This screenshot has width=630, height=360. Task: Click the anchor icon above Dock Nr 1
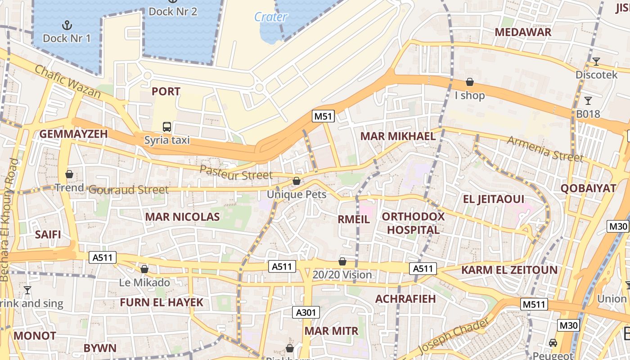[67, 25]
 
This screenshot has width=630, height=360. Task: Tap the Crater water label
[270, 17]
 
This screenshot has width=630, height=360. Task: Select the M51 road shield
[323, 117]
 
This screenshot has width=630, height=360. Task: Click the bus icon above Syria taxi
[167, 127]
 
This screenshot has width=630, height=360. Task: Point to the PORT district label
[166, 92]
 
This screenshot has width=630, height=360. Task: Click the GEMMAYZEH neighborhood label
[74, 134]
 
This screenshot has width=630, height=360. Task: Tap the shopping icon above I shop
[470, 82]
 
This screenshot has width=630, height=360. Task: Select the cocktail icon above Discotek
[596, 62]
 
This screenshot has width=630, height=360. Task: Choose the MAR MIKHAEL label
[398, 136]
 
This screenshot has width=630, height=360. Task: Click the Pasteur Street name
[236, 173]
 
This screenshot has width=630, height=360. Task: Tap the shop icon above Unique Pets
[297, 181]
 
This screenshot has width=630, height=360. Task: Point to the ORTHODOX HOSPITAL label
[413, 223]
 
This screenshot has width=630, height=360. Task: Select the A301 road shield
[306, 312]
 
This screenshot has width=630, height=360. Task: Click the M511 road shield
[534, 304]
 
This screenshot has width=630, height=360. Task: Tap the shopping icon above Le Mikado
[144, 270]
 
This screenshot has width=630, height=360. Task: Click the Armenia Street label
[545, 149]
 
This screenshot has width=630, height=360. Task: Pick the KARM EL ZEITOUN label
[509, 270]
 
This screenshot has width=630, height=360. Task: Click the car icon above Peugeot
[553, 343]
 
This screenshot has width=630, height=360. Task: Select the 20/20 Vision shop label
[342, 275]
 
